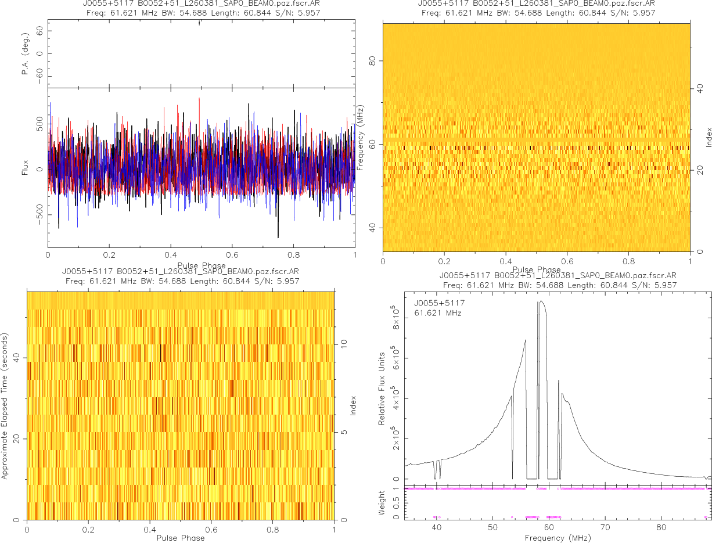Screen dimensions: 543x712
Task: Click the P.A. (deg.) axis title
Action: (x=26, y=53)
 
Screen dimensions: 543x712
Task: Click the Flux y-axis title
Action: (x=26, y=170)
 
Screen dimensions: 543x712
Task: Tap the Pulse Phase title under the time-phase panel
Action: (x=181, y=538)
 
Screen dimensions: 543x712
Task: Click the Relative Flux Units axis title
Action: (x=382, y=388)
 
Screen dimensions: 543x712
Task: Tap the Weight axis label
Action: (x=382, y=502)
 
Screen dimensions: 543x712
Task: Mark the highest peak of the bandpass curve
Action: (x=541, y=301)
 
